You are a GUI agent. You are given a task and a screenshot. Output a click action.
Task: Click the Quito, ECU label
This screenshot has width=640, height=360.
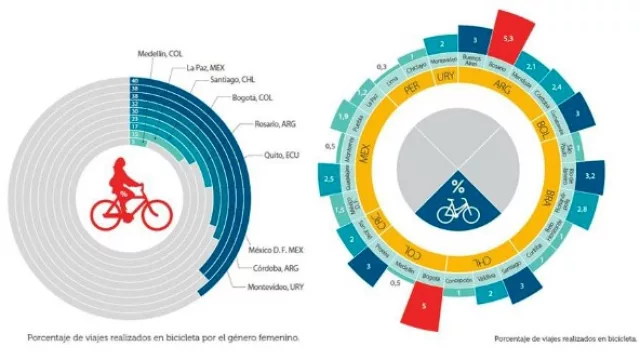(x=276, y=155)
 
